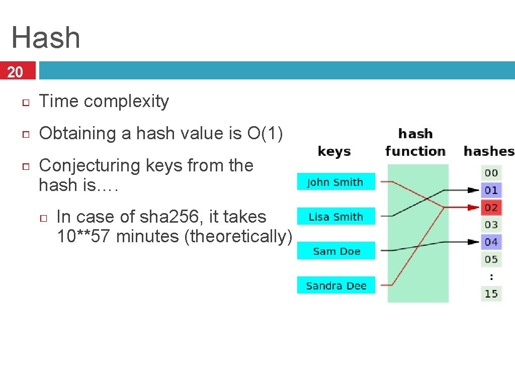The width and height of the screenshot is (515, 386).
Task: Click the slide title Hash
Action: [x=46, y=38]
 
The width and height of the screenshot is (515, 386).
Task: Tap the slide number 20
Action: [x=16, y=72]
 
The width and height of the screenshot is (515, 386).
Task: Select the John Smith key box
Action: [x=335, y=182]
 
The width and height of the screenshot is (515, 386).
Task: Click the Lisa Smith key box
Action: [x=335, y=217]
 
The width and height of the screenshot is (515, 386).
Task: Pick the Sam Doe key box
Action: [x=336, y=251]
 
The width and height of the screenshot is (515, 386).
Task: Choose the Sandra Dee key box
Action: [x=336, y=285]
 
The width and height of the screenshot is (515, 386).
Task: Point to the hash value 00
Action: [x=491, y=173]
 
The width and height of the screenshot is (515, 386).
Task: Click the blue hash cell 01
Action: [x=491, y=190]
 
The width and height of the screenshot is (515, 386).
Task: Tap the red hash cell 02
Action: [x=491, y=208]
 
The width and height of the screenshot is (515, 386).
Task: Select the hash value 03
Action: [x=491, y=225]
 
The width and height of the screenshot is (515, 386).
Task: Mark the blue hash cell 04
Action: [x=491, y=242]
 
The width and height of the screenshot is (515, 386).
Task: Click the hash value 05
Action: [x=491, y=259]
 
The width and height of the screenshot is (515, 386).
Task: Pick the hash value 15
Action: [x=491, y=294]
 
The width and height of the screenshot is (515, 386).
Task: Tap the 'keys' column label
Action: [x=334, y=151]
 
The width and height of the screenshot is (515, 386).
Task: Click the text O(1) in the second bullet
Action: [x=265, y=133]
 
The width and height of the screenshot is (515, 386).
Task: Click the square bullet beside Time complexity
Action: [x=26, y=103]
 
